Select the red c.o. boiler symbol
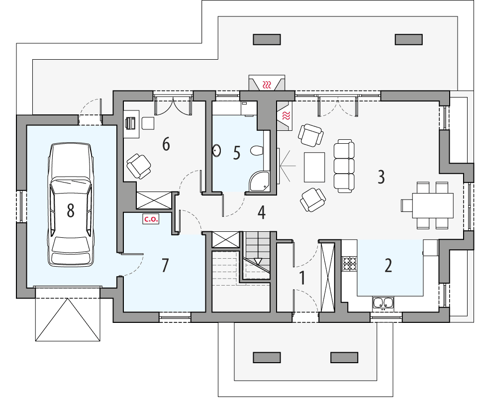[x=151, y=218]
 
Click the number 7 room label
[x=165, y=265]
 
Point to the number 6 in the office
[x=166, y=144]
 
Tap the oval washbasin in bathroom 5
[x=217, y=150]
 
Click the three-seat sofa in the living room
[x=344, y=166]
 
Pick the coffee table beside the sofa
[x=314, y=167]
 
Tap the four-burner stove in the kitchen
[x=350, y=263]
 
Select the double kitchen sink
[x=383, y=302]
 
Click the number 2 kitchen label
[x=388, y=265]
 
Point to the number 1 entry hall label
[x=301, y=278]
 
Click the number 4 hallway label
[x=261, y=212]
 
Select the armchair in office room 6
[x=139, y=166]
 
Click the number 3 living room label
[x=381, y=177]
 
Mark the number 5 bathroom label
[x=237, y=153]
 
